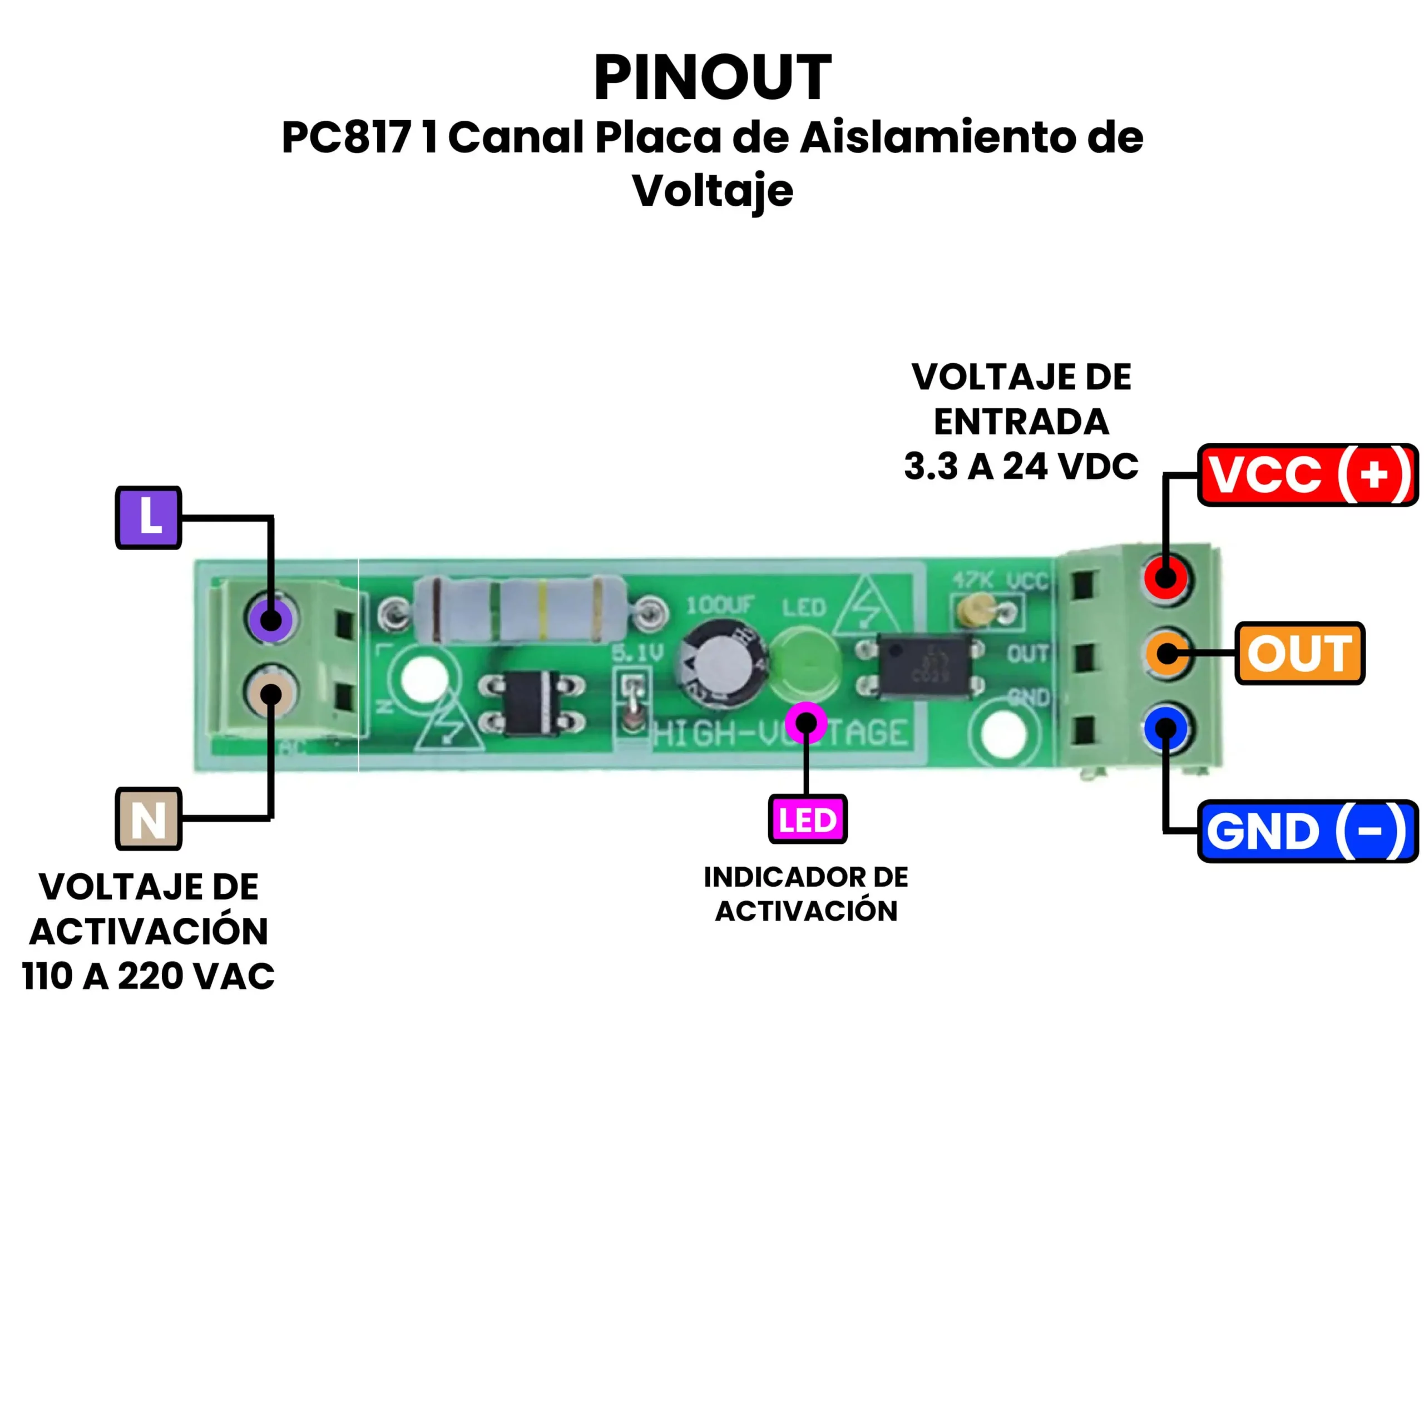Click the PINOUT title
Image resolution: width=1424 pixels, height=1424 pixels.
coord(712,77)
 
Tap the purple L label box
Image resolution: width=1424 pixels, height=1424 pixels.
coord(148,517)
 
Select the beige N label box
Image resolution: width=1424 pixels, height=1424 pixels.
coord(148,819)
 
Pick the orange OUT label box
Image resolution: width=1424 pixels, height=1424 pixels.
coord(1300,653)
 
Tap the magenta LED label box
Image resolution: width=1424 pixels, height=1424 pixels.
coord(807,819)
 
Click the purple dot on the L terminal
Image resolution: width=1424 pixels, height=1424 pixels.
coord(270,619)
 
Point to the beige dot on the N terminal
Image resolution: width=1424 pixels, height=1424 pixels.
coord(270,694)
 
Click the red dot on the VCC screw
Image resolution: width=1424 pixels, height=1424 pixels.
coord(1165,577)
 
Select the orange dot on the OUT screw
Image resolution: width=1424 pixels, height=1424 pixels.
coord(1167,653)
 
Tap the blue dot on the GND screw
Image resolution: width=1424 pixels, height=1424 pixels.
coord(1165,728)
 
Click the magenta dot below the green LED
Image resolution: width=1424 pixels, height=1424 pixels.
coord(807,723)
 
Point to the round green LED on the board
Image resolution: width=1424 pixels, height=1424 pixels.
coord(805,660)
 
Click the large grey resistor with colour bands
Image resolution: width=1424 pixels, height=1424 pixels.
coord(520,610)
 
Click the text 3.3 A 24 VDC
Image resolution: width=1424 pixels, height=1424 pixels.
coord(1021,467)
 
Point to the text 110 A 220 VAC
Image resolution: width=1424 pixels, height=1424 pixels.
coord(148,977)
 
